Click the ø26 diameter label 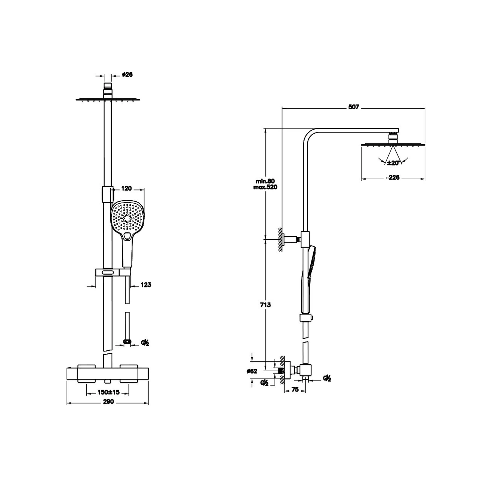(127, 74)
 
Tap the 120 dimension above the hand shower (126, 188)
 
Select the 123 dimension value (146, 285)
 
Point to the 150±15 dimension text (108, 392)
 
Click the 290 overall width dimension (108, 402)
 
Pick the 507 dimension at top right (353, 107)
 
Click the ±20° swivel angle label (393, 163)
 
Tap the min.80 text (265, 181)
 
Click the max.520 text (265, 187)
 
